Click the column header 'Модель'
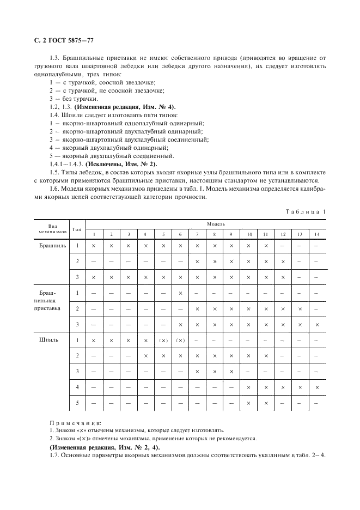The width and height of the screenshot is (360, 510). point(205,224)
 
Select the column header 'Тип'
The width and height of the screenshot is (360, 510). point(77,230)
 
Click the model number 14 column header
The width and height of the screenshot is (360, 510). point(316,234)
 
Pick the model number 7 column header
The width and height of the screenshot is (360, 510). point(197,234)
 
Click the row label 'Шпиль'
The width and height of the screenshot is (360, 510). point(50,341)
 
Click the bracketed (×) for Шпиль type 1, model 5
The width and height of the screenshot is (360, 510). point(163,341)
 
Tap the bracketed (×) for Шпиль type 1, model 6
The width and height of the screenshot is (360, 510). point(180,341)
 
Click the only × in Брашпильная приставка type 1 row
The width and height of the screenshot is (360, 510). point(180,293)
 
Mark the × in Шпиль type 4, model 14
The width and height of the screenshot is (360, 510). point(316,387)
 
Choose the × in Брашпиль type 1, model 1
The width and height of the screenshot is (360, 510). point(94,246)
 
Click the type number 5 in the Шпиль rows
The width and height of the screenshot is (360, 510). point(77,403)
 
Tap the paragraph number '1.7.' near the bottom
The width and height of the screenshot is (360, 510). point(54,455)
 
